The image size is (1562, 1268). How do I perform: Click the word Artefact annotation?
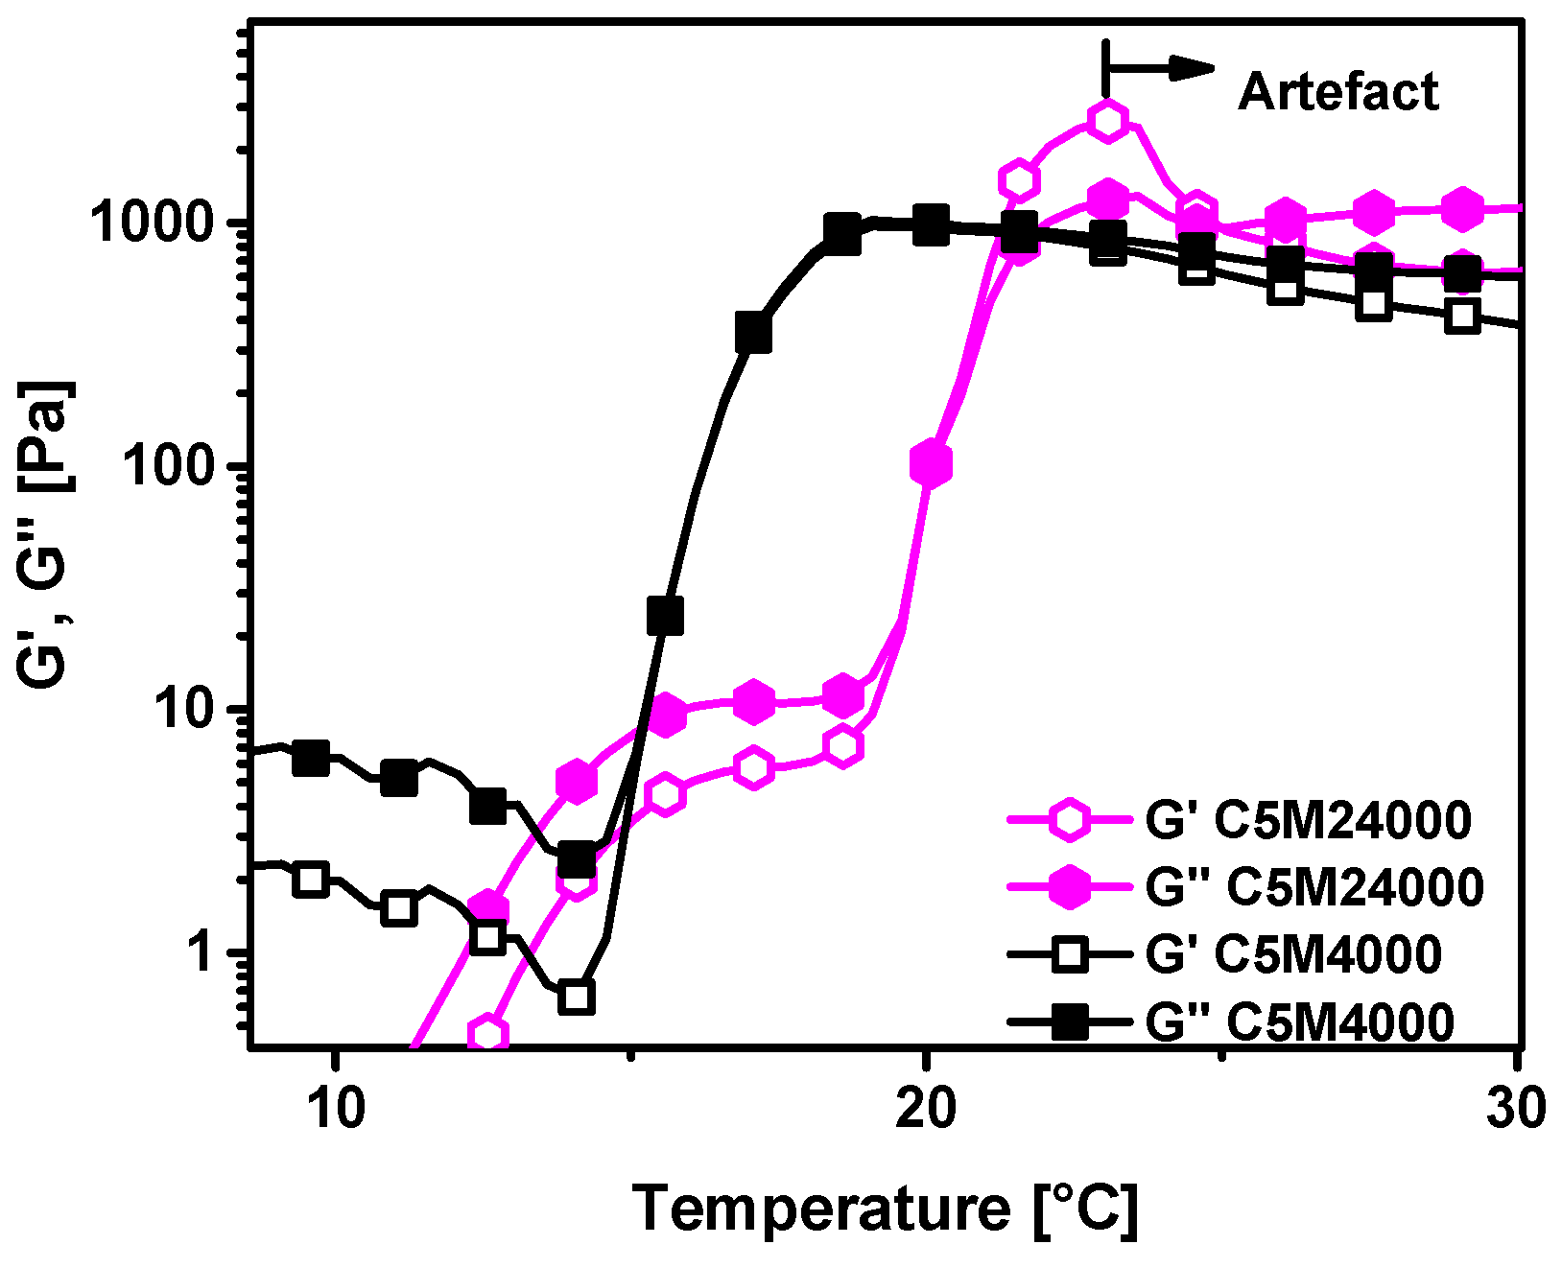(x=1337, y=93)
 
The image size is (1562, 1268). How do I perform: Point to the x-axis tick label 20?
(x=925, y=1107)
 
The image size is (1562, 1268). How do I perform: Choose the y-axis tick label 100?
(x=182, y=466)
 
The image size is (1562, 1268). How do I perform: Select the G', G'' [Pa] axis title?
(x=45, y=532)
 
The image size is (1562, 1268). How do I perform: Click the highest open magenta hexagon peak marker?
(x=1108, y=120)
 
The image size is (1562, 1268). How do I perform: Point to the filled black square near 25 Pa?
(x=665, y=616)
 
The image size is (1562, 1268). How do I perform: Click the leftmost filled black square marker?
(x=311, y=758)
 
